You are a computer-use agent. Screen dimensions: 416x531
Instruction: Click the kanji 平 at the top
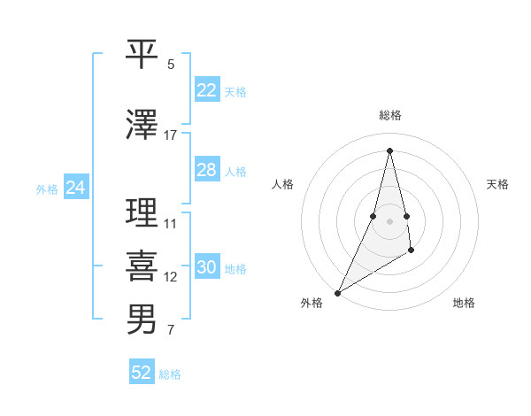tap(142, 53)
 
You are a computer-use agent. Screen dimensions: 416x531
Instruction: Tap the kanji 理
tap(142, 212)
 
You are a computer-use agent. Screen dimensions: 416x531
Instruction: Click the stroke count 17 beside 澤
tap(171, 135)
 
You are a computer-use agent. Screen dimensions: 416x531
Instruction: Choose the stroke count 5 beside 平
tap(171, 65)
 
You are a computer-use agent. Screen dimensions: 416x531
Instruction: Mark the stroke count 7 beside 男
tap(171, 331)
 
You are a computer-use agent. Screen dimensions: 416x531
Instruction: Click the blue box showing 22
tap(206, 90)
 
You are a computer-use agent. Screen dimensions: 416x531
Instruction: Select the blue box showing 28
tap(206, 170)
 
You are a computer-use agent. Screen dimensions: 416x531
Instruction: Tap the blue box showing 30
tap(206, 268)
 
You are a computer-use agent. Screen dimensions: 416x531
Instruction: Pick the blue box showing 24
tap(75, 188)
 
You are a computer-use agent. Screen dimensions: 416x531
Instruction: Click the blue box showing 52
tap(141, 373)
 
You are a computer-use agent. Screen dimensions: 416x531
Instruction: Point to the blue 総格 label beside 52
tap(170, 374)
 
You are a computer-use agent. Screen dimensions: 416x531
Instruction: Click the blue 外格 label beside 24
tap(47, 189)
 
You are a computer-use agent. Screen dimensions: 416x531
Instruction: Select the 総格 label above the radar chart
tap(389, 115)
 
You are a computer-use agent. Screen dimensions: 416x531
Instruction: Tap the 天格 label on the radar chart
tap(497, 184)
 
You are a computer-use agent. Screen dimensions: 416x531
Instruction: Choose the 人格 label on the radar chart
tap(282, 184)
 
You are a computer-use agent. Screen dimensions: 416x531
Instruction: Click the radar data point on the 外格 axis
tap(337, 293)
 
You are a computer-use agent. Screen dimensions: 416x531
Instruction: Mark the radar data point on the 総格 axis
tap(389, 150)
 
